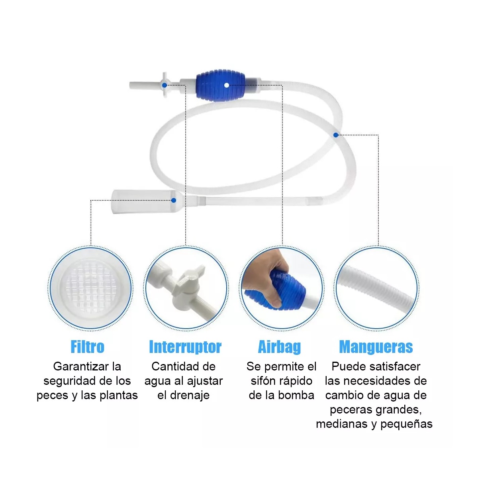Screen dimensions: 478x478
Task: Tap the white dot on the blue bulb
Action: pyautogui.click(x=226, y=85)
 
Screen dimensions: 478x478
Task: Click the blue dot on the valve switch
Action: pyautogui.click(x=165, y=85)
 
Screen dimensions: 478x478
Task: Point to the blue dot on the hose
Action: pyautogui.click(x=336, y=135)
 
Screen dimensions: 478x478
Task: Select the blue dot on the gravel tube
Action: pyautogui.click(x=174, y=200)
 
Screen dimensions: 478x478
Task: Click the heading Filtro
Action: pyautogui.click(x=87, y=347)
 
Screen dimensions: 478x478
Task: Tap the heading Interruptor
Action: pyautogui.click(x=185, y=347)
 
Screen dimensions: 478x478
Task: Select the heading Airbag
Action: pyautogui.click(x=280, y=347)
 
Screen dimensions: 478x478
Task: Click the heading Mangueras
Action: pyautogui.click(x=376, y=347)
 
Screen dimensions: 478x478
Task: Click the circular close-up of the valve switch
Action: pyautogui.click(x=185, y=288)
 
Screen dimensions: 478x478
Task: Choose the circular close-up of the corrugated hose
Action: pyautogui.click(x=376, y=288)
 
